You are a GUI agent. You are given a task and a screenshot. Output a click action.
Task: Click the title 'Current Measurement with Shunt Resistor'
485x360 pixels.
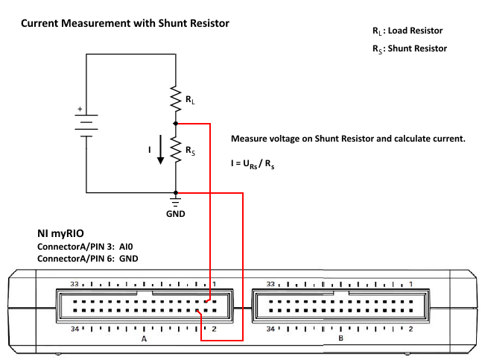coord(124,24)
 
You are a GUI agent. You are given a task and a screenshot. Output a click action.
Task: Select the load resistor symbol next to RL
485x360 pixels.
coord(176,98)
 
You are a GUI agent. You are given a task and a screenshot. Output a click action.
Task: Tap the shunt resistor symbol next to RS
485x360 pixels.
coord(176,151)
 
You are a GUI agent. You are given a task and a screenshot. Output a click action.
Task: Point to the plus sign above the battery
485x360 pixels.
coord(80,109)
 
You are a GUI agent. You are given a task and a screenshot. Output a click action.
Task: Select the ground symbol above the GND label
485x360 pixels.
coord(176,200)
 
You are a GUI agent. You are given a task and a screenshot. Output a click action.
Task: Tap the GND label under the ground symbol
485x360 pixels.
coord(176,213)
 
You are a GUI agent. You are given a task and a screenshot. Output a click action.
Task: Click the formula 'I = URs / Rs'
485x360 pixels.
coord(253,164)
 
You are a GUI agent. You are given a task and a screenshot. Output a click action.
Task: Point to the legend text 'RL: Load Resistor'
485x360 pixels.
coord(407,31)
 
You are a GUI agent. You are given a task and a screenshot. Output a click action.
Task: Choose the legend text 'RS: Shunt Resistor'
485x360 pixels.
coord(409,48)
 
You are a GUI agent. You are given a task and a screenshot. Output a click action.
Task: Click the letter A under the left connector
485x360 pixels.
coord(144,338)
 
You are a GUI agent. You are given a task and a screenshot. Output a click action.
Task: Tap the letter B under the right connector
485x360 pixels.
coord(340,338)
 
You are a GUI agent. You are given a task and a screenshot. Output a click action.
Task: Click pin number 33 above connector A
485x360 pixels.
coord(75,284)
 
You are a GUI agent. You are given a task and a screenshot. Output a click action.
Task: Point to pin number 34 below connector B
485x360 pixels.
coord(272,329)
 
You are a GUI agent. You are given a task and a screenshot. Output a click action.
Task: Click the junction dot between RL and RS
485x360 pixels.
coord(176,124)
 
